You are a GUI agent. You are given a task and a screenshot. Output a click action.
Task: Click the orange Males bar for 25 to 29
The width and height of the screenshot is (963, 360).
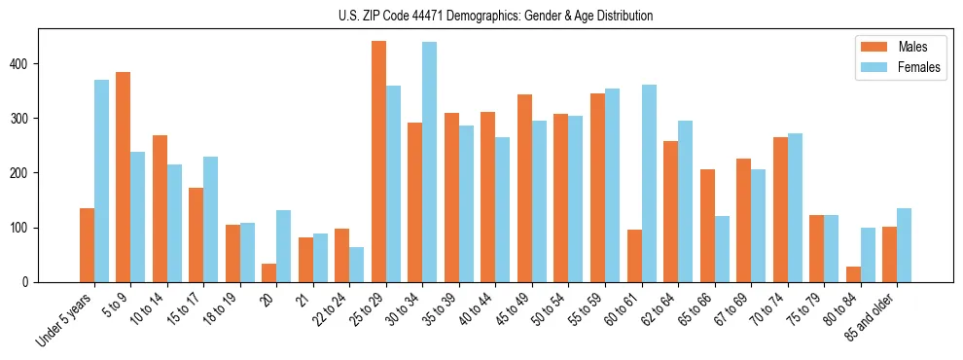tap(378, 162)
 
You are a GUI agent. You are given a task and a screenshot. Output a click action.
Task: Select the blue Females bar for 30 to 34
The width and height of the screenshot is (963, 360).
tap(429, 162)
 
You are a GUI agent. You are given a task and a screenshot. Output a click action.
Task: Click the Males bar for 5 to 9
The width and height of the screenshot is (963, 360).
tap(124, 177)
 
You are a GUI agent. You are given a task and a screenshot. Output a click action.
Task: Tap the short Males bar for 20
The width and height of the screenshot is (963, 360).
tap(269, 273)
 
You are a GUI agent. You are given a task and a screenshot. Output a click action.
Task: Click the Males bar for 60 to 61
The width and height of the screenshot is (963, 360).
tap(634, 256)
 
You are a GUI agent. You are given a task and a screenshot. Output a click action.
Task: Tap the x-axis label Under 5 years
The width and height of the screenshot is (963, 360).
tap(66, 320)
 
